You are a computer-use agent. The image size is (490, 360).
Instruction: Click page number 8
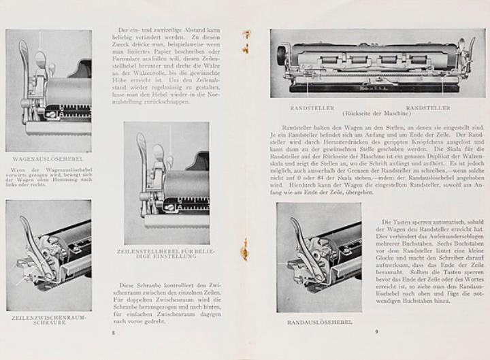[x=113, y=332]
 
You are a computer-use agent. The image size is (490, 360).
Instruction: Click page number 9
[x=376, y=331]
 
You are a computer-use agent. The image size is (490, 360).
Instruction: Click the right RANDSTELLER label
[x=427, y=107]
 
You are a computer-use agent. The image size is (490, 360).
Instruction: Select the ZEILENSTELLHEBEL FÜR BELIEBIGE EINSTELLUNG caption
[x=167, y=255]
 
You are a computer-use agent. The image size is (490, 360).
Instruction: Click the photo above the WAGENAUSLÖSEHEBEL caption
[x=48, y=90]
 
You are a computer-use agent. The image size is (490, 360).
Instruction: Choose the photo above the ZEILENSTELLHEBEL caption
[x=167, y=182]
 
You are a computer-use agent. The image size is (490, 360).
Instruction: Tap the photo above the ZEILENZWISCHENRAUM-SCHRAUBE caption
[x=48, y=255]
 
